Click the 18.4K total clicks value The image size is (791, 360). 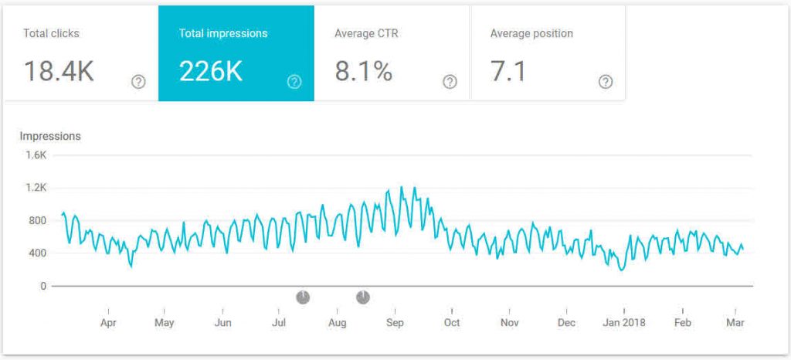[59, 71]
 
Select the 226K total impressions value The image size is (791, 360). [211, 71]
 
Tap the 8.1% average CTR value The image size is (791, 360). [363, 71]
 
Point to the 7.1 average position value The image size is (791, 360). [508, 71]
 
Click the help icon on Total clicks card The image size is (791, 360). [138, 82]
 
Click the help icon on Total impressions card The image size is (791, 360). [294, 82]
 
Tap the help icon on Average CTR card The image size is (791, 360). [450, 82]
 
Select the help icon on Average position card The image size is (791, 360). [606, 82]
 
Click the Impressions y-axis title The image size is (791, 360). [50, 136]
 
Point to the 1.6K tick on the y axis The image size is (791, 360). [36, 155]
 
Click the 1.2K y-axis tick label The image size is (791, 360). [36, 188]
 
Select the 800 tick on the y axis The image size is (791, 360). [38, 220]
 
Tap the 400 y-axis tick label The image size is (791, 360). [38, 253]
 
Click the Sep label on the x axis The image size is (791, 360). [395, 322]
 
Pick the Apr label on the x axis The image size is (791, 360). [108, 322]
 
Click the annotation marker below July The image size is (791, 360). [303, 297]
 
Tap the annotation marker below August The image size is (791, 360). [363, 297]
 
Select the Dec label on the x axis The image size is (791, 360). [566, 322]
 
